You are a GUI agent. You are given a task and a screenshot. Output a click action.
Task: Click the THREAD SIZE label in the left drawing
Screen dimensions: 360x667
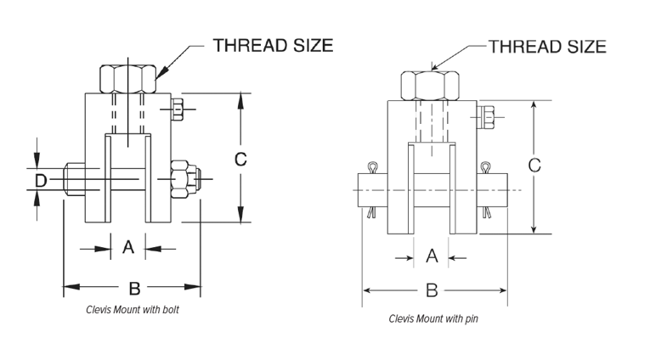pos(274,45)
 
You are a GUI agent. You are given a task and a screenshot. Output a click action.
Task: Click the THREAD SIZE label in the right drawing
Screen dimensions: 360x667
pos(547,47)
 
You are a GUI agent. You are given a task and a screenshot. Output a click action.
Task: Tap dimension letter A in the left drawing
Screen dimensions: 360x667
pos(128,247)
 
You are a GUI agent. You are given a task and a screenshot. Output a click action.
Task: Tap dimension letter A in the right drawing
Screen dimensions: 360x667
pos(431,256)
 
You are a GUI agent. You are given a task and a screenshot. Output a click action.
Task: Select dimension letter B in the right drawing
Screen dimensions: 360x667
pos(431,290)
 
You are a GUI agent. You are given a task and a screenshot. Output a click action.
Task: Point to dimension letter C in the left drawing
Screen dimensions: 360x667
pos(240,158)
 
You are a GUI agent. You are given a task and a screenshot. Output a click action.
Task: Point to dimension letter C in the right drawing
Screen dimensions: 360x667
pos(534,166)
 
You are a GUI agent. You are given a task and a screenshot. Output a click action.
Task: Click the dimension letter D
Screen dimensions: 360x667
pos(39,179)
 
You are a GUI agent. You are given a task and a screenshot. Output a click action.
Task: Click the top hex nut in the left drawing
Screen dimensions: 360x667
pos(128,80)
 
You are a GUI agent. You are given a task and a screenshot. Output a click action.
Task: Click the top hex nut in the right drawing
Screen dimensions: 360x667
pos(430,85)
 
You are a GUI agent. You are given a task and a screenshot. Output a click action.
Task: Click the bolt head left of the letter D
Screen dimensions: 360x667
pos(75,180)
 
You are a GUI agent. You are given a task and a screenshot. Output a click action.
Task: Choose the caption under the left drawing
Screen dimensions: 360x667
pos(133,311)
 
